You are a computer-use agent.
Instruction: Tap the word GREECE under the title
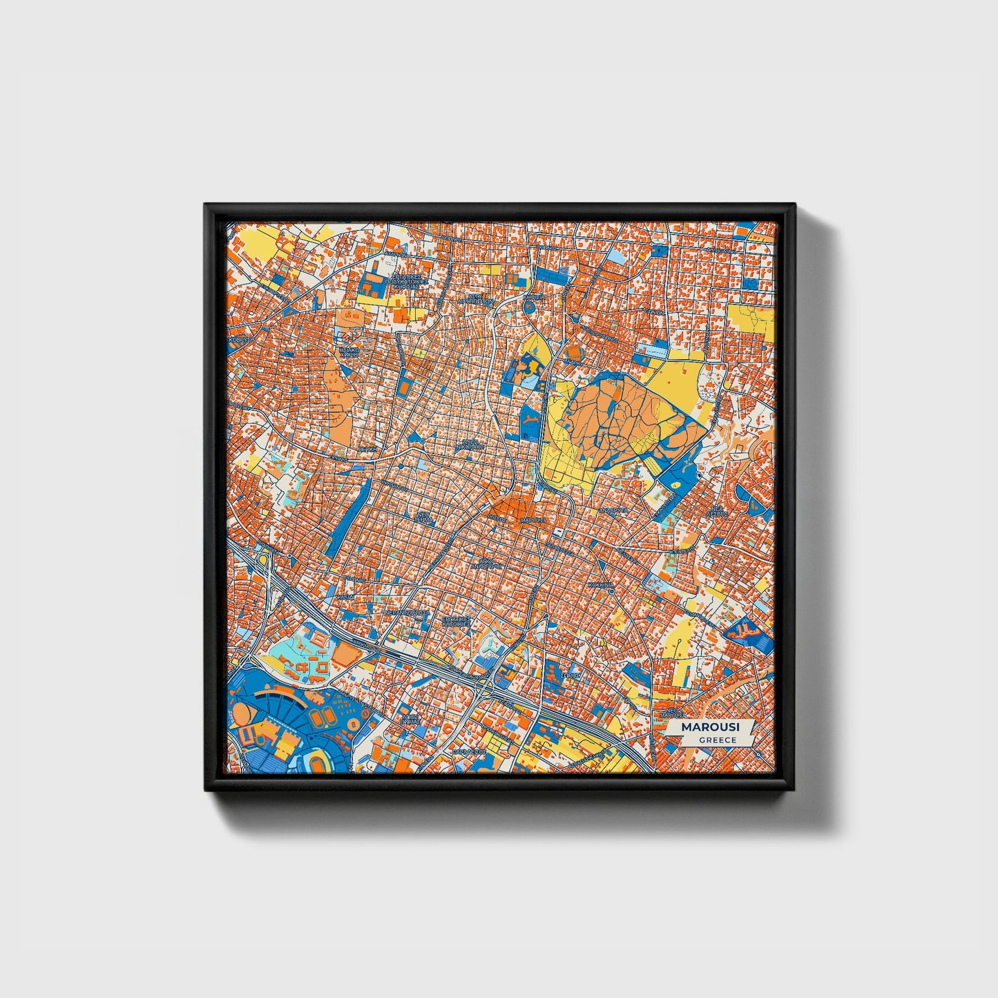coord(717,740)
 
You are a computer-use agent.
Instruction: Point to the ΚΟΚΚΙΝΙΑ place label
coord(600,584)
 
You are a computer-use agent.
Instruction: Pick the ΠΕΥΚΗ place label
coord(367,448)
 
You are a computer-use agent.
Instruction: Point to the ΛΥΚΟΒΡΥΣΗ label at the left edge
coord(242,340)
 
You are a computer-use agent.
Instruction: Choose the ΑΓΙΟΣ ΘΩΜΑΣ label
coord(410,718)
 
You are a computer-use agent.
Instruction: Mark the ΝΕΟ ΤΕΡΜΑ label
coord(425,518)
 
